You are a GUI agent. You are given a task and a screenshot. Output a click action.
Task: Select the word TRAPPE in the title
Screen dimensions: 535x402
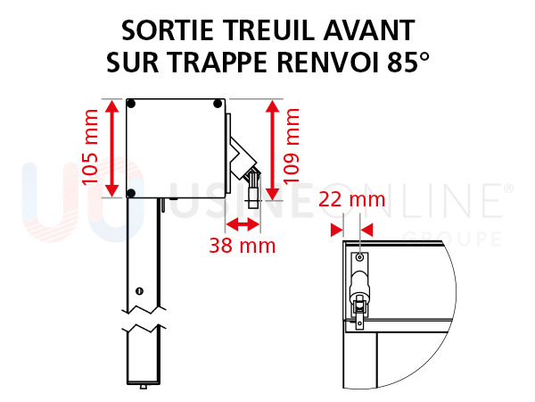click(218, 63)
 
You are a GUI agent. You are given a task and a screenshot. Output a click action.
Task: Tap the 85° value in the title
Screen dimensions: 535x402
click(408, 63)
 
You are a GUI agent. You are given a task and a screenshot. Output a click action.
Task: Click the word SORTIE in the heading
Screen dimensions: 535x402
click(168, 30)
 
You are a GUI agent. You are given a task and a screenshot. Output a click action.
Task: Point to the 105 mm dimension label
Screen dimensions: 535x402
click(90, 147)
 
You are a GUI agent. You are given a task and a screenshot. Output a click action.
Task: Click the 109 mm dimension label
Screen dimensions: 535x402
click(291, 146)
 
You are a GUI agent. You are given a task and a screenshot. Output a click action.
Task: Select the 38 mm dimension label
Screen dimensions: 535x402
click(243, 246)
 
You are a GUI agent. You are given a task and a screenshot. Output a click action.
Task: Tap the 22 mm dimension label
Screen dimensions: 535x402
click(352, 199)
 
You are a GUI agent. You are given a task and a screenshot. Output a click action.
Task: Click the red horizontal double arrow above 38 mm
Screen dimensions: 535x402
click(243, 224)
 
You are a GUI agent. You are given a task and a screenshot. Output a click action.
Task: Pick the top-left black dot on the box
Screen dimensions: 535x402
click(131, 104)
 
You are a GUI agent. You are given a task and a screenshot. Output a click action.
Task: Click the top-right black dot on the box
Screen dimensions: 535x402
click(218, 104)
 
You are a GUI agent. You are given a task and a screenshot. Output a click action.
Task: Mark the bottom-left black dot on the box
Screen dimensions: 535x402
click(131, 193)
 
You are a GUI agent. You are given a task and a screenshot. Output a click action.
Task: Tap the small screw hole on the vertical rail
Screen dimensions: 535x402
click(139, 291)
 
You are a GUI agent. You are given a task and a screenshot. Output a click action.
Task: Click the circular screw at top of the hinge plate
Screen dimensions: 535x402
click(359, 257)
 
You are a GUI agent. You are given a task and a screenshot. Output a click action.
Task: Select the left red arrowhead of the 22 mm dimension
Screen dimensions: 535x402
click(336, 230)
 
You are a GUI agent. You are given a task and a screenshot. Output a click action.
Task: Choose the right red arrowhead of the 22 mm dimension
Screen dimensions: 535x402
click(366, 230)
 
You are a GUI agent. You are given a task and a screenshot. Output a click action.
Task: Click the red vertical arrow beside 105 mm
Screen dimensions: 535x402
click(112, 148)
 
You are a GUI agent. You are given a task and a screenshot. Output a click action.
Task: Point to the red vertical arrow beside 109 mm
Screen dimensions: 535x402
click(272, 150)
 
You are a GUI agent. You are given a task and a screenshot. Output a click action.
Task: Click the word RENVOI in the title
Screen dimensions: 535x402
click(327, 63)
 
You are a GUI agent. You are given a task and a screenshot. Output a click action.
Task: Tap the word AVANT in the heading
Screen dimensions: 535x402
click(369, 30)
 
